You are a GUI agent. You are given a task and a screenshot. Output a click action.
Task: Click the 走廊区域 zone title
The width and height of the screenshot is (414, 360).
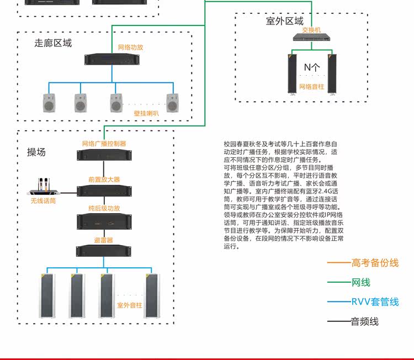[53, 43]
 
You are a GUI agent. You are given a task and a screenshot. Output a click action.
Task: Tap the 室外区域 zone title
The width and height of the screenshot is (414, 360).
[285, 21]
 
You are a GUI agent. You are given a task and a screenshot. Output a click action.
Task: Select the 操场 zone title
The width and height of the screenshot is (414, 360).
[36, 152]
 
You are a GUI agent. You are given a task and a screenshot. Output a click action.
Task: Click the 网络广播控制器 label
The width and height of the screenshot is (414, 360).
[104, 144]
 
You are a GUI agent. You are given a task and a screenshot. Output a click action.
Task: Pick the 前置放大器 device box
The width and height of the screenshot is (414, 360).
[104, 191]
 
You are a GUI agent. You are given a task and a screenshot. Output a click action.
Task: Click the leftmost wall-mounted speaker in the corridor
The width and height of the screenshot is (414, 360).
[49, 102]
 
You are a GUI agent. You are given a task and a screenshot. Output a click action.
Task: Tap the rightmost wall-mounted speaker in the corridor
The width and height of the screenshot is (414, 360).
[173, 102]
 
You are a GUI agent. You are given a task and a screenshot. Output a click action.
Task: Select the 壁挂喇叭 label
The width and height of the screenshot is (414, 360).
[146, 113]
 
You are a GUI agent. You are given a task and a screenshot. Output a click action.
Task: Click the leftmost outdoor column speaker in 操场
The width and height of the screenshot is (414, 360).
[47, 295]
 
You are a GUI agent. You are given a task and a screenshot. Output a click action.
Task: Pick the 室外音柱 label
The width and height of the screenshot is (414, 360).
[129, 305]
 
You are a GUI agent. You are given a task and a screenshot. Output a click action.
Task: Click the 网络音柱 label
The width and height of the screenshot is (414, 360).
[311, 87]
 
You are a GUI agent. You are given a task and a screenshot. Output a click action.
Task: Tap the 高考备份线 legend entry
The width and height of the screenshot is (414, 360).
[374, 263]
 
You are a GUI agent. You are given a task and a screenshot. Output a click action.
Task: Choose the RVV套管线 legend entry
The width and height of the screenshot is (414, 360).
[374, 301]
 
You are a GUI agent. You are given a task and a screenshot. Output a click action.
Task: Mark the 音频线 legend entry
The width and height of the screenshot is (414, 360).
[364, 321]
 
